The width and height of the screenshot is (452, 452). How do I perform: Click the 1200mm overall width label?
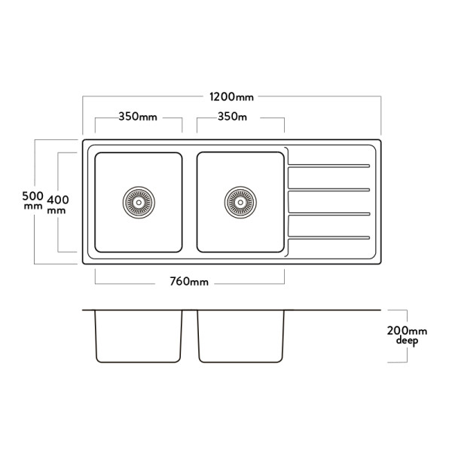(x=232, y=97)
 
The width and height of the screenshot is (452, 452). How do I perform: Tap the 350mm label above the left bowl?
(x=137, y=118)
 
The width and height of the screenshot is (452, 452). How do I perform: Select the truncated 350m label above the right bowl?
(x=233, y=118)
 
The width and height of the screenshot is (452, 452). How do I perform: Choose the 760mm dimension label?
(x=189, y=282)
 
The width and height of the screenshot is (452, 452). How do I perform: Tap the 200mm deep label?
(x=406, y=335)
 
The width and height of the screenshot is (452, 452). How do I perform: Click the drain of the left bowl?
(x=138, y=202)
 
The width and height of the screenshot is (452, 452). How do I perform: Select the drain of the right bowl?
(x=240, y=202)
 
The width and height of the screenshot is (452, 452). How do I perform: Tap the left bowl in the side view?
(x=139, y=336)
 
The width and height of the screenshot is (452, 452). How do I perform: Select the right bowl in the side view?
(x=240, y=336)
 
